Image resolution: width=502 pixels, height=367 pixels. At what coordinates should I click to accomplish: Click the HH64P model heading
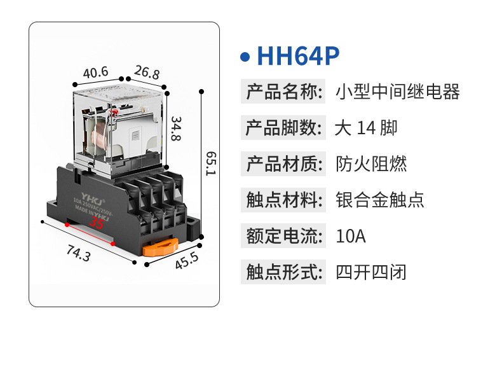pyautogui.click(x=299, y=56)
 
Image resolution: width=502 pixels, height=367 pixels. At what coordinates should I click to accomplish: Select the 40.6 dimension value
pyautogui.click(x=95, y=73)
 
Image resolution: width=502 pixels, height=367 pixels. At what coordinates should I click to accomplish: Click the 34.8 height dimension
pyautogui.click(x=176, y=128)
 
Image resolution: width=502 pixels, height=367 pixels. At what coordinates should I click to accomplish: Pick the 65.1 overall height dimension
pyautogui.click(x=210, y=163)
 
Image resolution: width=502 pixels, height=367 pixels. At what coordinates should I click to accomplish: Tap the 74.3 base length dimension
pyautogui.click(x=78, y=254)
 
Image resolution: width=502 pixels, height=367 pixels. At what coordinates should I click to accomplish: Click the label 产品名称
pyautogui.click(x=282, y=92)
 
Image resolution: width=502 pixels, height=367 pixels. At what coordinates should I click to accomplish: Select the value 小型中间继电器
pyautogui.click(x=397, y=92)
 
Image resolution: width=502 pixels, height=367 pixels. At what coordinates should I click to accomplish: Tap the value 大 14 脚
pyautogui.click(x=366, y=128)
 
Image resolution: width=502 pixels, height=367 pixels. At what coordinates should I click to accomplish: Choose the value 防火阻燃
pyautogui.click(x=371, y=164)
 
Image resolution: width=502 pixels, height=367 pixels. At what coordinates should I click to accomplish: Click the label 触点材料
pyautogui.click(x=282, y=200)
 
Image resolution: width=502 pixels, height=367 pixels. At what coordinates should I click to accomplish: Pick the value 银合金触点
pyautogui.click(x=379, y=200)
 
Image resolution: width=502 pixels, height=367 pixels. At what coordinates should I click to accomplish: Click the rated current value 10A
pyautogui.click(x=351, y=237)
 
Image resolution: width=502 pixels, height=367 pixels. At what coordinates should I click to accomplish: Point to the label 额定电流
pyautogui.click(x=282, y=237)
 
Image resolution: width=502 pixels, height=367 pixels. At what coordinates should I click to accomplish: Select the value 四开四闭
pyautogui.click(x=371, y=273)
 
